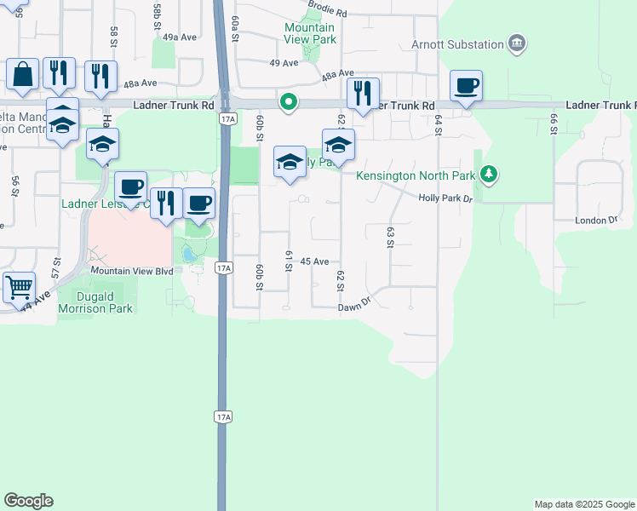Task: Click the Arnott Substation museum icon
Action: click(x=516, y=43)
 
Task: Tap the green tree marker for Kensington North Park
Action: click(x=488, y=175)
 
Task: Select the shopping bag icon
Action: click(x=23, y=74)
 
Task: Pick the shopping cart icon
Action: click(x=19, y=287)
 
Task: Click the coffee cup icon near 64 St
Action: click(x=466, y=86)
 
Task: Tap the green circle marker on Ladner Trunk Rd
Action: click(x=290, y=103)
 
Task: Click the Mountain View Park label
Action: click(x=310, y=33)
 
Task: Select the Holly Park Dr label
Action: click(x=445, y=198)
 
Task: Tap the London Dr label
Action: click(x=595, y=220)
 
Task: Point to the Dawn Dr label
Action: click(x=355, y=305)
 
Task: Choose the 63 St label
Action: click(x=390, y=237)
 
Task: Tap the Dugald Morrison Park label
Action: click(x=95, y=303)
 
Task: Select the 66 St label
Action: click(x=553, y=123)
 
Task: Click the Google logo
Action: click(x=28, y=501)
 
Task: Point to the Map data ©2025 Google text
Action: click(x=583, y=504)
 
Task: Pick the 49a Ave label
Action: click(x=180, y=37)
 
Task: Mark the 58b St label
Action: click(x=158, y=16)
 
